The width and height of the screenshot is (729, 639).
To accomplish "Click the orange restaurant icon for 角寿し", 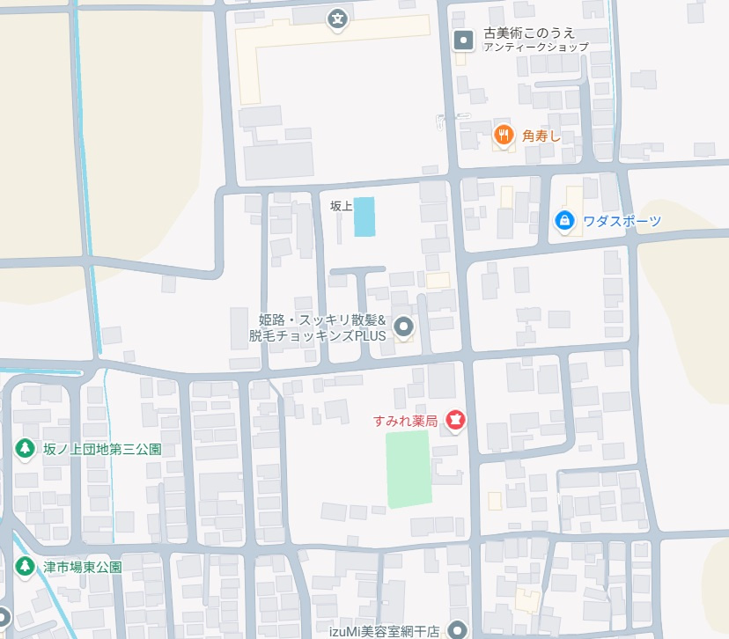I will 503,135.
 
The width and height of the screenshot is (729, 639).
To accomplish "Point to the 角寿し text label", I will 541,136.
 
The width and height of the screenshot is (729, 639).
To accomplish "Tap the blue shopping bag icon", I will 564,220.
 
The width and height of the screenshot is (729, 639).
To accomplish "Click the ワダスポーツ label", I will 620,221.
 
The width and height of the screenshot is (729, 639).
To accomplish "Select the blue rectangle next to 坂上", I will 364,217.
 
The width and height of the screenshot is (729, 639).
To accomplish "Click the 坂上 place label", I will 341,206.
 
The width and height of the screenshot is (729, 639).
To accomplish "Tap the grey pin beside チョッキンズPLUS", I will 404,327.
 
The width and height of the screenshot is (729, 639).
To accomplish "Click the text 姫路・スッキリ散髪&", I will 323,319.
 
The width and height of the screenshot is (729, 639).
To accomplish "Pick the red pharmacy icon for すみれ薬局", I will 455,421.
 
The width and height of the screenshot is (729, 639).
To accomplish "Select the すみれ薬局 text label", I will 406,422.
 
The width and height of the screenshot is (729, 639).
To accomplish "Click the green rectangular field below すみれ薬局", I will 409,468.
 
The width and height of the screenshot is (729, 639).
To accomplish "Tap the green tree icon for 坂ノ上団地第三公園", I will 25,449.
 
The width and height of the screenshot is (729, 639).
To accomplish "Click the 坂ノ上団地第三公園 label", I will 102,449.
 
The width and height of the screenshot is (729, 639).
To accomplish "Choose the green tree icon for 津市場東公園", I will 25,565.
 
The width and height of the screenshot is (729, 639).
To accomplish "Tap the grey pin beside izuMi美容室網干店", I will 456,629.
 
